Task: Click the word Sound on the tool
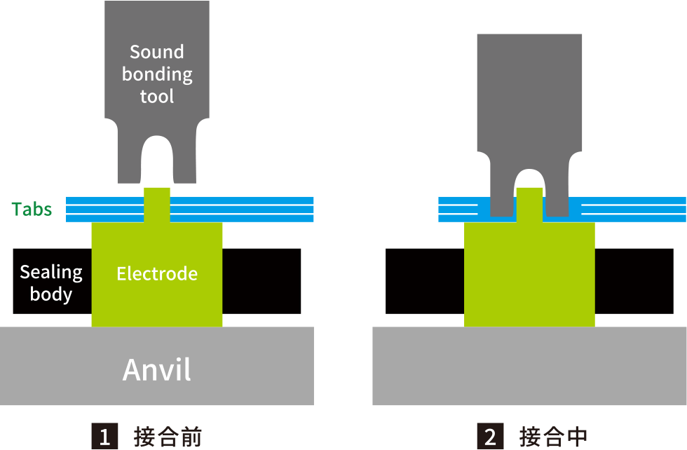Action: [157, 52]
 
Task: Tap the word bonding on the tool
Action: [157, 74]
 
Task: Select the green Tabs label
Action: [32, 209]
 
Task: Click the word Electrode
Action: [157, 273]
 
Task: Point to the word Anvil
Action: [157, 369]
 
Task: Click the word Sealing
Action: [51, 272]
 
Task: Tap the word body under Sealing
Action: [51, 294]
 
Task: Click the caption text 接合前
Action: [168, 437]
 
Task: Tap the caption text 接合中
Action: [554, 437]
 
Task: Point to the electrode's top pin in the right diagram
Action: [529, 203]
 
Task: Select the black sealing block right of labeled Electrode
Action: [261, 280]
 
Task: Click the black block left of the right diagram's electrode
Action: [425, 280]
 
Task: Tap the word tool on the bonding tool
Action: [157, 96]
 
